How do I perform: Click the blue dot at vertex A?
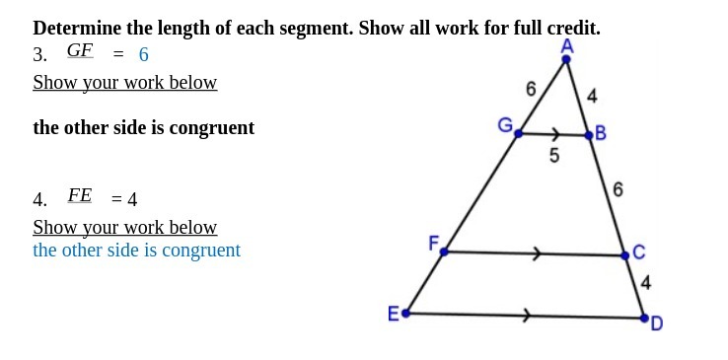[x=566, y=59]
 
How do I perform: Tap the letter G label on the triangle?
[x=505, y=125]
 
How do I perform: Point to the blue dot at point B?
[x=589, y=134]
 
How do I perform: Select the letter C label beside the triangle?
[x=639, y=252]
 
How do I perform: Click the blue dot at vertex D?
[x=644, y=319]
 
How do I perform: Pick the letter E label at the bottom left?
[x=393, y=314]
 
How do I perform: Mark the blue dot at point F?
[x=444, y=252]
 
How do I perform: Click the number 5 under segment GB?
[x=554, y=155]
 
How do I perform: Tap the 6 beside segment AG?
[x=531, y=89]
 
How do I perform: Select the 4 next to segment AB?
[x=592, y=96]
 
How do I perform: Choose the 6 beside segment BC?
[x=618, y=188]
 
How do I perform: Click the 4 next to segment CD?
[x=645, y=283]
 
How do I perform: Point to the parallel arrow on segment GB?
[x=556, y=133]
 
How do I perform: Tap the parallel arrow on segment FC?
[x=537, y=253]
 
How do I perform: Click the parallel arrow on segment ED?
[x=528, y=316]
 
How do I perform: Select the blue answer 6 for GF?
[x=143, y=55]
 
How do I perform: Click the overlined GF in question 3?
[x=80, y=50]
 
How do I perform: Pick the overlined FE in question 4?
[x=80, y=195]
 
